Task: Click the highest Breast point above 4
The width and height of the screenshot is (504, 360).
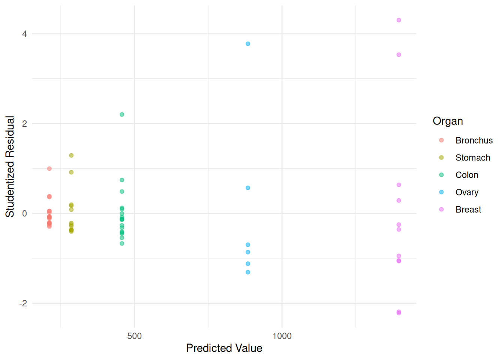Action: [x=399, y=20]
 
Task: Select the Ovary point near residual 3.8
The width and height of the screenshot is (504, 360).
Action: [x=248, y=44]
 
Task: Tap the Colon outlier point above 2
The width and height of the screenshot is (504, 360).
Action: [x=122, y=114]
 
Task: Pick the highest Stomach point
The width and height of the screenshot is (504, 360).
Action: [x=71, y=155]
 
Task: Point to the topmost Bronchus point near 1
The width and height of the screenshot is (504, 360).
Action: [x=49, y=169]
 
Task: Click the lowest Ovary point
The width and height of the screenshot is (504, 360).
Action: [x=248, y=272]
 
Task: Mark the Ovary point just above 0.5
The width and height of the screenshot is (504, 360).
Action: [x=248, y=188]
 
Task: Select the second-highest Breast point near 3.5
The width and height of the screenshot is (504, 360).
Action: [x=399, y=55]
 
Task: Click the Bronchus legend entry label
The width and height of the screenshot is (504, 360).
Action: [x=474, y=140]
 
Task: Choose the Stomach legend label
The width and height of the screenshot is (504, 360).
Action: [x=472, y=157]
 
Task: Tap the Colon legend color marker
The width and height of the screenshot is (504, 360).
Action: [x=441, y=175]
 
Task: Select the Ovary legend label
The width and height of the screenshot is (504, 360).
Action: [x=467, y=192]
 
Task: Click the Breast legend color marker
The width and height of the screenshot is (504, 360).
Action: [x=441, y=209]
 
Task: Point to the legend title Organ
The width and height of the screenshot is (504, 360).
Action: [x=448, y=121]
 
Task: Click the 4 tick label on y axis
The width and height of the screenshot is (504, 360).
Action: [x=24, y=34]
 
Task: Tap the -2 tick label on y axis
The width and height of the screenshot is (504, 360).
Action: [x=23, y=303]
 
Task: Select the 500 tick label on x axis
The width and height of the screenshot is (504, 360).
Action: [x=134, y=336]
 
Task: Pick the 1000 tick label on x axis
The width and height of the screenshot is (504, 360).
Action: [x=282, y=336]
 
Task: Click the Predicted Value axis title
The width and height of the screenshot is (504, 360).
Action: [x=224, y=348]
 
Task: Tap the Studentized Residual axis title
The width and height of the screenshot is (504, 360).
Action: [x=10, y=166]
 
